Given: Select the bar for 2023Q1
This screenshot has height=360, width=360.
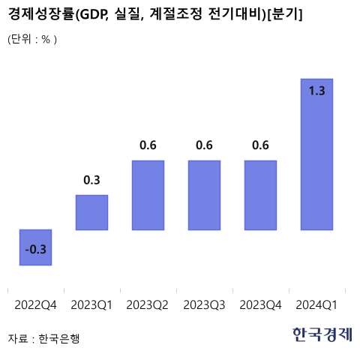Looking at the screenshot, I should (x=91, y=212).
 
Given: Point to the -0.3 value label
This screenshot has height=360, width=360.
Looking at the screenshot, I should (x=35, y=250).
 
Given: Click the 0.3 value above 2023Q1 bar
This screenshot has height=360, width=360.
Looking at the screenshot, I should (x=91, y=180).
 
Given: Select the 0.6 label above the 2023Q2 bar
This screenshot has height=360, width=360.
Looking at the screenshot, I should (x=148, y=145).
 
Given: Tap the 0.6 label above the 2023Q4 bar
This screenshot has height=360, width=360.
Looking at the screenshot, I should (x=260, y=145).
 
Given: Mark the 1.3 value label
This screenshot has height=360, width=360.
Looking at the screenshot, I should (x=316, y=91).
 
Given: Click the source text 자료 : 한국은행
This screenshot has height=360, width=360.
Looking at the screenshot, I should (x=43, y=338).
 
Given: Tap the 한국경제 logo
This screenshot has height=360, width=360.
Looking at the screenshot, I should (x=322, y=335).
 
